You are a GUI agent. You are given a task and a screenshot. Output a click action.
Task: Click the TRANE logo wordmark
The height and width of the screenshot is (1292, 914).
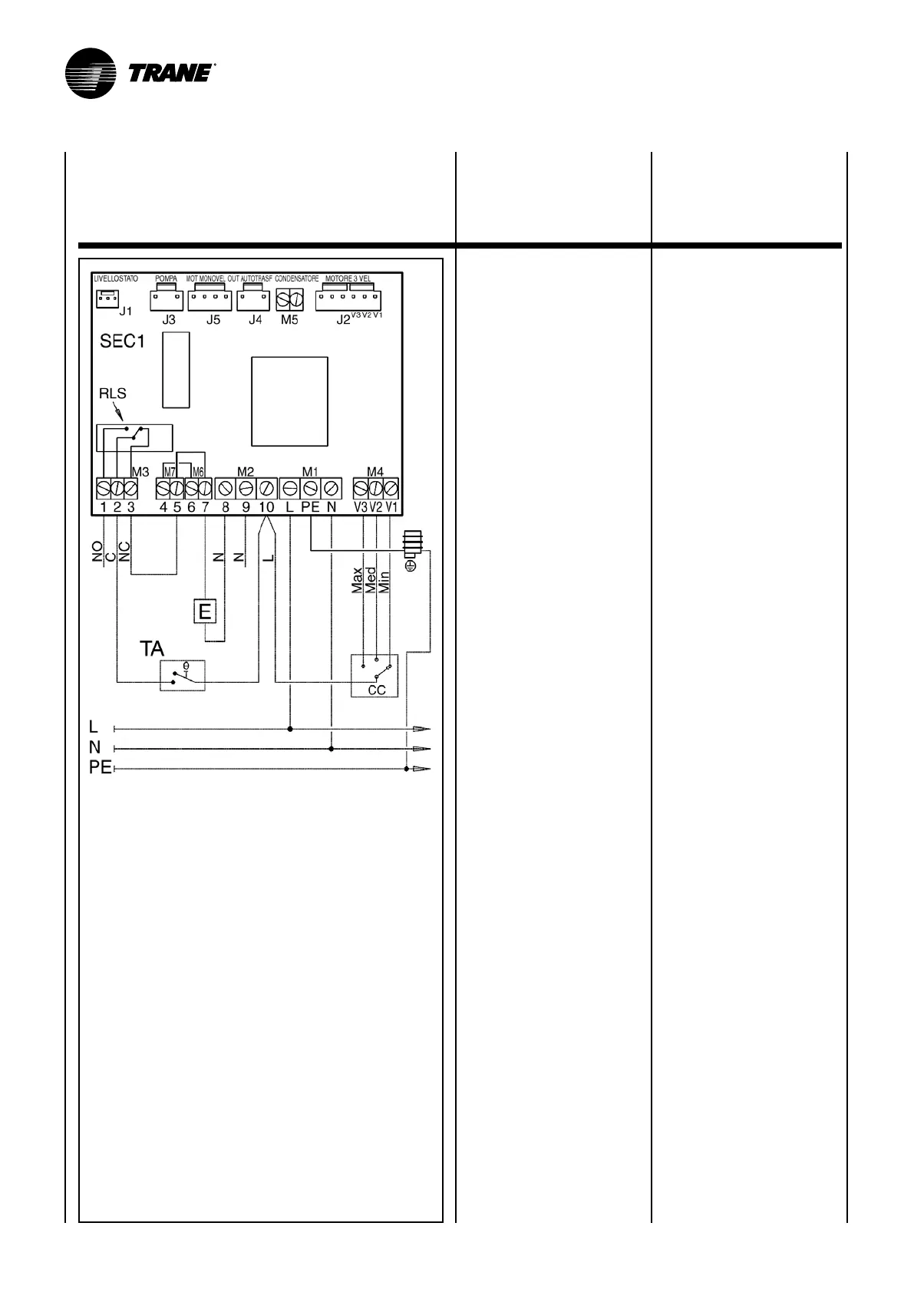170,73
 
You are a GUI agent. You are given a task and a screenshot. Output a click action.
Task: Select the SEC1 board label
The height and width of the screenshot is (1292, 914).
123,341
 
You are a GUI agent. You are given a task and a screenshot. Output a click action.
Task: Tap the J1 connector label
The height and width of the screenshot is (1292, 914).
127,311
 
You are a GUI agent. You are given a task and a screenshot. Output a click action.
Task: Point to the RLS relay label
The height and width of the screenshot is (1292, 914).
113,394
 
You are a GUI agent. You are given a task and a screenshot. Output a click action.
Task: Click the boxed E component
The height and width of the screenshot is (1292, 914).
205,611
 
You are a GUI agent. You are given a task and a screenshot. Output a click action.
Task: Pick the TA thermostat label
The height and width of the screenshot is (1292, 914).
151,649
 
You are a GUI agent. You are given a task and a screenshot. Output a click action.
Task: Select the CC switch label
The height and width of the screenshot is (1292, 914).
376,690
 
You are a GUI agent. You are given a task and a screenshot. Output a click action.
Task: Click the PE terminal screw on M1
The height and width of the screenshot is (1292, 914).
311,488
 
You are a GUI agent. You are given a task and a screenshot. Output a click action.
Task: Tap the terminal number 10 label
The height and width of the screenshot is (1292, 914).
266,507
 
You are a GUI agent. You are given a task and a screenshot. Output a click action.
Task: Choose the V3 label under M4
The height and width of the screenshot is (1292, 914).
361,507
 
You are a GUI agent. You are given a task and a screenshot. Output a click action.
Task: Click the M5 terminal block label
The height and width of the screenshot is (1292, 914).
289,320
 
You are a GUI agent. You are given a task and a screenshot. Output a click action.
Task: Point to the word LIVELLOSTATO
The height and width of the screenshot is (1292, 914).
115,279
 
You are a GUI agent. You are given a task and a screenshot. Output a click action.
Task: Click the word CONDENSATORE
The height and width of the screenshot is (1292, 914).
296,279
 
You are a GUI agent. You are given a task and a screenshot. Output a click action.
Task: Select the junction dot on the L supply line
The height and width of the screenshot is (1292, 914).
290,728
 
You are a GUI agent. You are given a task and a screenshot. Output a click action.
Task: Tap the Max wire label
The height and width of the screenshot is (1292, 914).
357,581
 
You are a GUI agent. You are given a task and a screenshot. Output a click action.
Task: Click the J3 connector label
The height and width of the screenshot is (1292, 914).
168,320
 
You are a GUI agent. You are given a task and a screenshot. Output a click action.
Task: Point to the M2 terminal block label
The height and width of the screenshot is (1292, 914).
246,472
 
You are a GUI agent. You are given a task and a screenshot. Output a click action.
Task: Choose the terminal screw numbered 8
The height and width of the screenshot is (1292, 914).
225,488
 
